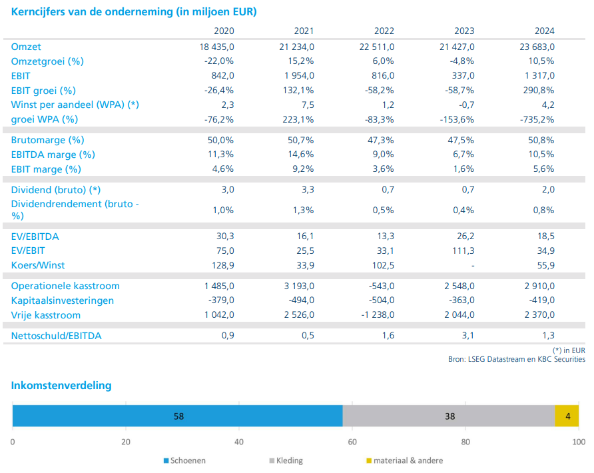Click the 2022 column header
pyautogui.click(x=384, y=31)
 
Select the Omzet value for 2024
pyautogui.click(x=537, y=47)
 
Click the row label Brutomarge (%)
pyautogui.click(x=47, y=140)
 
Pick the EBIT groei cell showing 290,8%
pyautogui.click(x=537, y=90)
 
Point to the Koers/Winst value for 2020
pyautogui.click(x=222, y=265)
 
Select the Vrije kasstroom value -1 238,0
pyautogui.click(x=378, y=315)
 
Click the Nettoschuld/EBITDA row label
pyautogui.click(x=56, y=336)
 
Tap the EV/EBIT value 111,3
pyautogui.click(x=463, y=251)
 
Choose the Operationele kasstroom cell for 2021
pyautogui.click(x=299, y=286)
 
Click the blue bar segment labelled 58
pyautogui.click(x=178, y=416)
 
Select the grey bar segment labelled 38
pyautogui.click(x=449, y=416)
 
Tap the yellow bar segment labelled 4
pyautogui.click(x=567, y=416)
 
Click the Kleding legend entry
pyautogui.click(x=286, y=460)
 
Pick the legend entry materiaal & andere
pyautogui.click(x=405, y=460)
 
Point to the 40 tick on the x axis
pyautogui.click(x=239, y=442)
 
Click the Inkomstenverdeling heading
pyautogui.click(x=61, y=386)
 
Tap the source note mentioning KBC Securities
pyautogui.click(x=517, y=359)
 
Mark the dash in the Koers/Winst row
pyautogui.click(x=472, y=266)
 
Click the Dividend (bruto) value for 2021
pyautogui.click(x=308, y=189)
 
